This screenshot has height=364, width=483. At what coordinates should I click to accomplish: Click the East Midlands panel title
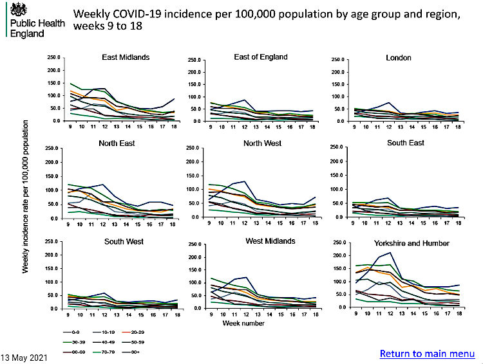tap(126, 57)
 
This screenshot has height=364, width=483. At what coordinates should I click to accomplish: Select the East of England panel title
tap(260, 58)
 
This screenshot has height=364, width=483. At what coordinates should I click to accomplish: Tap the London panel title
tap(398, 58)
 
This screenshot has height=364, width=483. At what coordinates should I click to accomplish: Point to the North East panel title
tap(118, 143)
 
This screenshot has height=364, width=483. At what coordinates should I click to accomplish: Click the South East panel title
tap(406, 143)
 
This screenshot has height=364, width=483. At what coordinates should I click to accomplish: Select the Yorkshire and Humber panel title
tap(412, 243)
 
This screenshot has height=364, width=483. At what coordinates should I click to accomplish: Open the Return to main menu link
tap(427, 354)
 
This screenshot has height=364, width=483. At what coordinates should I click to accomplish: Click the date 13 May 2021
tap(24, 356)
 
